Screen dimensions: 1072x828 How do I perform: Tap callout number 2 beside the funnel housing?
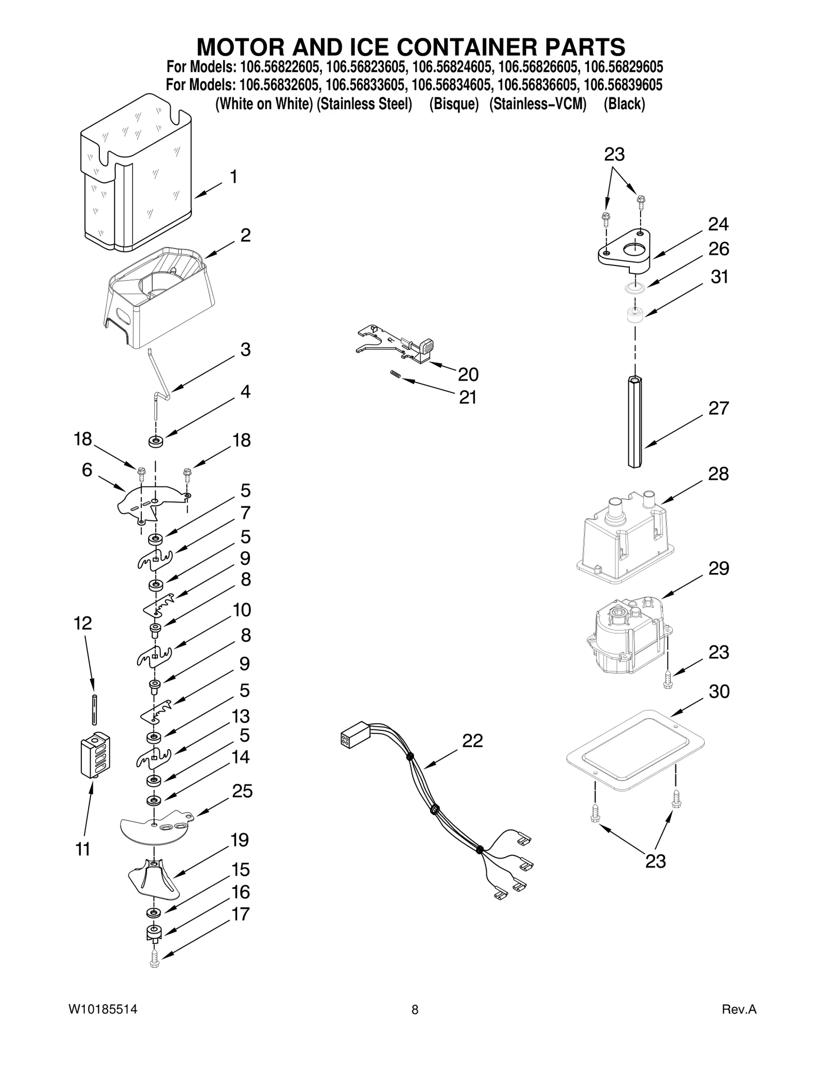tap(245, 235)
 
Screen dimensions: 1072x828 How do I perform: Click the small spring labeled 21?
tap(395, 374)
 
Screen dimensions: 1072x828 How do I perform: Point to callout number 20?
tap(468, 374)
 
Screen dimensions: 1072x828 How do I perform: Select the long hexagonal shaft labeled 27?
tap(635, 422)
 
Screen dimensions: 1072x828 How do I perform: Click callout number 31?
tap(719, 277)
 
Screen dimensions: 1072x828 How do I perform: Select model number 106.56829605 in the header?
tap(623, 67)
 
